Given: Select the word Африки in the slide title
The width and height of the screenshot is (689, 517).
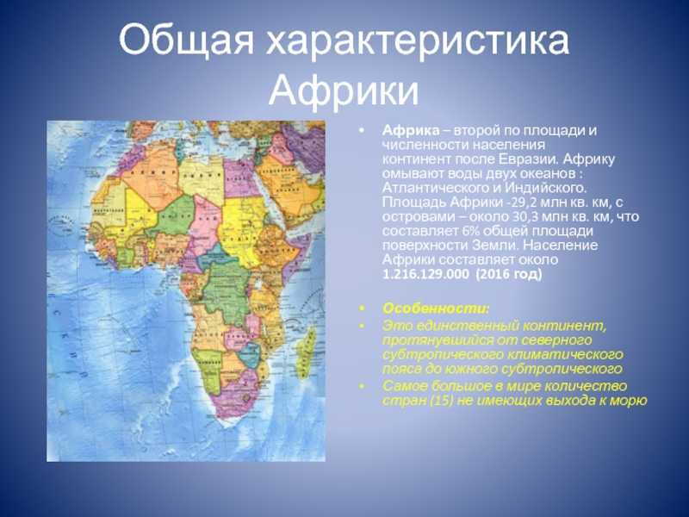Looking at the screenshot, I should coord(344,89).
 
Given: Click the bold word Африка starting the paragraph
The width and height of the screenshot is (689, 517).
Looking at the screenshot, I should coord(406,130).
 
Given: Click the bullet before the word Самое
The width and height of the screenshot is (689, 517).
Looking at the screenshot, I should coord(362,387).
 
